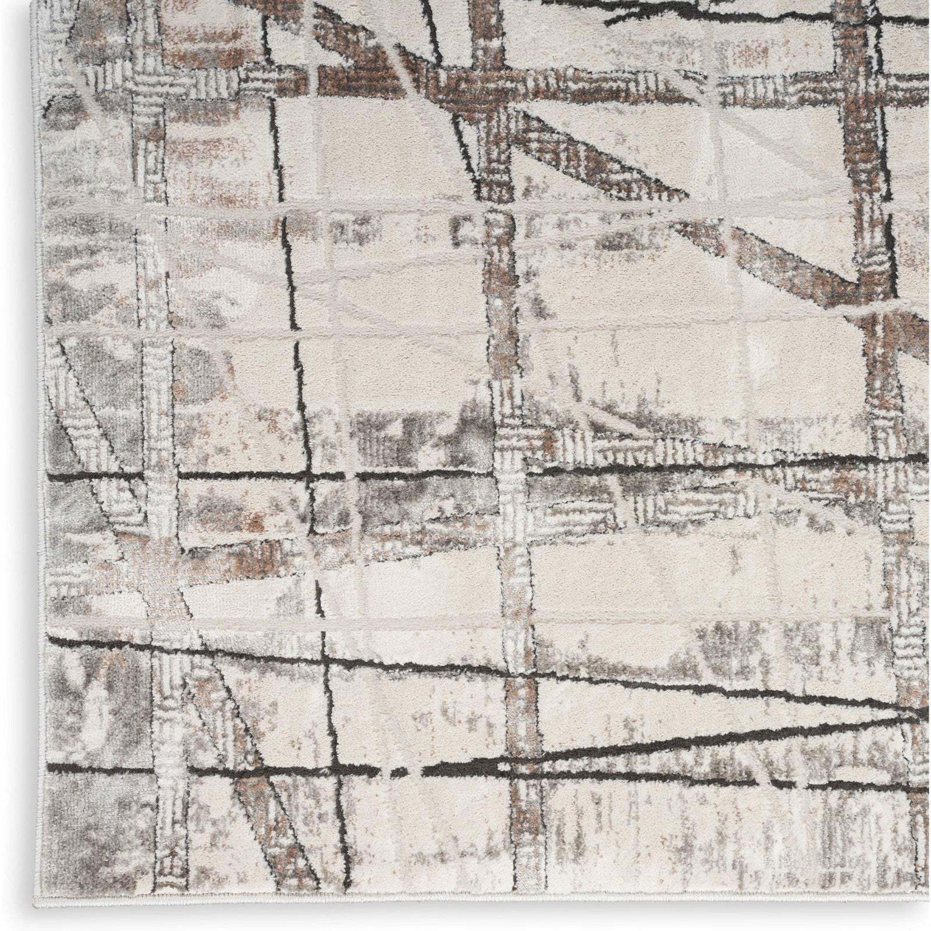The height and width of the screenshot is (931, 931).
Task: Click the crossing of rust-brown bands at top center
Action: coord(495,87)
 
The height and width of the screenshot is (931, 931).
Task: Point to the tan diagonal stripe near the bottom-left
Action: coord(256,815)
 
